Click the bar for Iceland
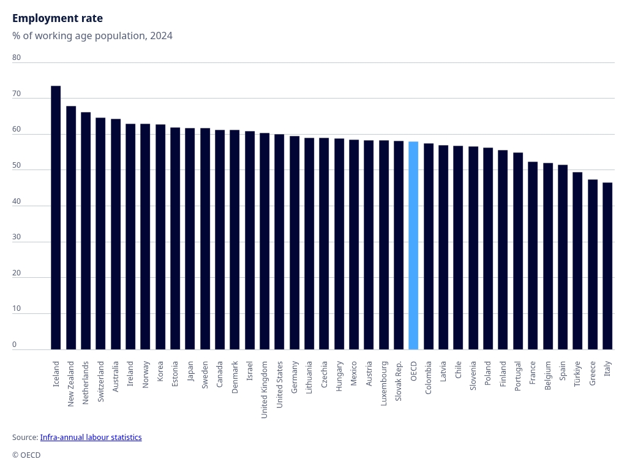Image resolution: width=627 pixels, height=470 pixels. point(56,217)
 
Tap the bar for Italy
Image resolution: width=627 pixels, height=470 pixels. point(607,266)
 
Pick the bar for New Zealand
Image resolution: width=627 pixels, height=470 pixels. point(71,228)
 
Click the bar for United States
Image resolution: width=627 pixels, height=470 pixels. point(279,242)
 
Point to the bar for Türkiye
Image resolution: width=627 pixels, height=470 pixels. point(577,261)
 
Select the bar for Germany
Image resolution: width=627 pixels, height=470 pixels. point(295,242)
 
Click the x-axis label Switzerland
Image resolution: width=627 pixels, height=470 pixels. point(101,381)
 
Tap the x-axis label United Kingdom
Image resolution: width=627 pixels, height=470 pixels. point(265,389)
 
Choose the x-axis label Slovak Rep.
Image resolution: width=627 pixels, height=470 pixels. point(399,381)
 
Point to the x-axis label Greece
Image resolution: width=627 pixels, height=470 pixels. point(593,373)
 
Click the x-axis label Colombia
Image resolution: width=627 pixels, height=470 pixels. point(429,377)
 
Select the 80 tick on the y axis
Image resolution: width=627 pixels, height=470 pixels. point(17,58)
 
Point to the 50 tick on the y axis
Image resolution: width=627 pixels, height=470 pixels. point(17,165)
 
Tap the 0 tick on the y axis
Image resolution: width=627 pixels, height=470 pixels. point(15,345)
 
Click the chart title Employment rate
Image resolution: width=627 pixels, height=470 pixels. point(58,18)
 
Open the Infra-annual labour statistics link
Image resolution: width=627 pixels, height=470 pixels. point(91,438)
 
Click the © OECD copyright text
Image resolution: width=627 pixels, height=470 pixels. point(26,455)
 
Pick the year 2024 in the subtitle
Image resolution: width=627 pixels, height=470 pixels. point(161,36)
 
